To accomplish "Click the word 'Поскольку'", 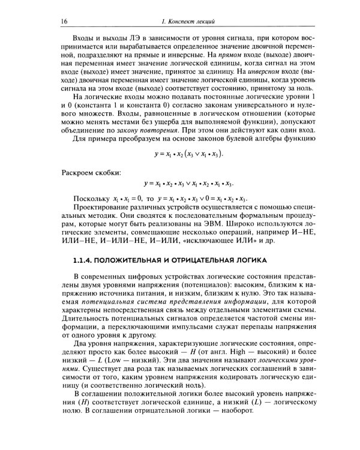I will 91,199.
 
